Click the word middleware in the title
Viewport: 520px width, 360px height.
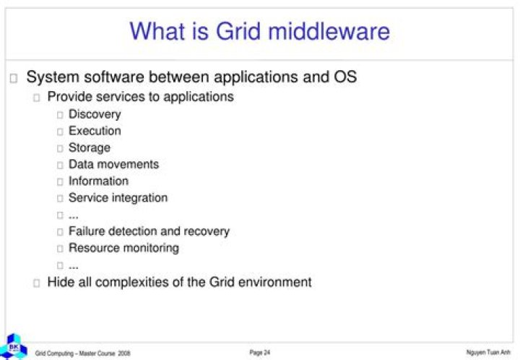click(329, 31)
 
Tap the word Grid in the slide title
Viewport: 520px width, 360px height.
click(238, 31)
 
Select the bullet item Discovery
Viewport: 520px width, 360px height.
click(95, 114)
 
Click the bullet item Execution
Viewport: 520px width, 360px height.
click(95, 131)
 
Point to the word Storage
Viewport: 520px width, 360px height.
click(90, 148)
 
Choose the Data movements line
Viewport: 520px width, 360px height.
click(113, 164)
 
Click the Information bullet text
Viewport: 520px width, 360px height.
click(98, 181)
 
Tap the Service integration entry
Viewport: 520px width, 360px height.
click(118, 198)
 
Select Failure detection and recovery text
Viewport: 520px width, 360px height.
click(149, 231)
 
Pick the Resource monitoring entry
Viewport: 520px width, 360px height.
click(123, 248)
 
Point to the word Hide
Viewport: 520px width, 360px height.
click(61, 282)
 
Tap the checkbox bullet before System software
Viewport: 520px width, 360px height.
click(14, 78)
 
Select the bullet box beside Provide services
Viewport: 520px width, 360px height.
click(37, 98)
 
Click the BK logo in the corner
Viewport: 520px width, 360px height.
click(14, 347)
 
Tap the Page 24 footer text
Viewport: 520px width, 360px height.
click(260, 352)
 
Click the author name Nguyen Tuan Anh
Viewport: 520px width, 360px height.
click(488, 352)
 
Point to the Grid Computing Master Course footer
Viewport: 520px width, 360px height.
click(82, 353)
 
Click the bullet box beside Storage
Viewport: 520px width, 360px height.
click(60, 148)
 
